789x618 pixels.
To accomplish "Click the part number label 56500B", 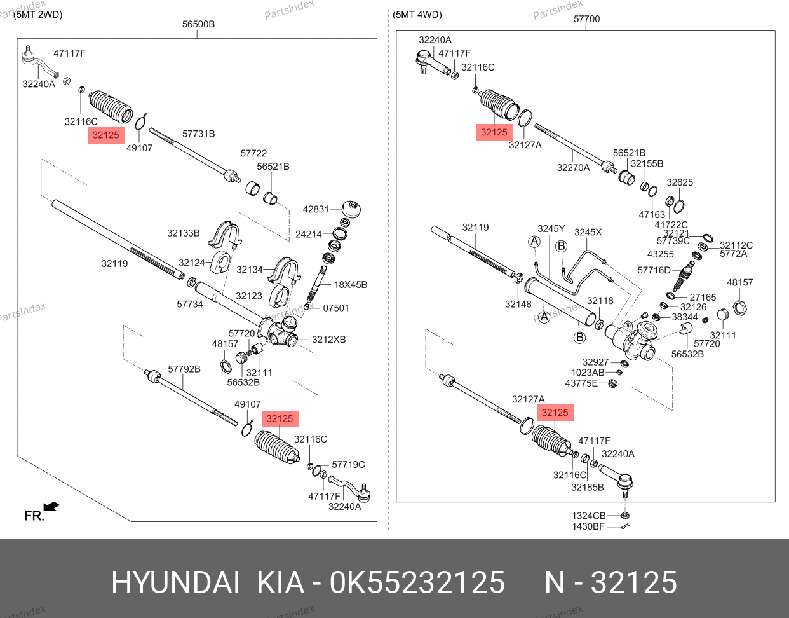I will [198, 24].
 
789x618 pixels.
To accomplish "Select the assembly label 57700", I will [586, 19].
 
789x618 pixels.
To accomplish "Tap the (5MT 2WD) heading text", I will [37, 14].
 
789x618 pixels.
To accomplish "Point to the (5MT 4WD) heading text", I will [417, 14].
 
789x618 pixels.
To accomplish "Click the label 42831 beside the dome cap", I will [316, 209].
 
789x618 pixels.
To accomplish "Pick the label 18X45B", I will [351, 284].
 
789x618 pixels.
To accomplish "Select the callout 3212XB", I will [328, 340].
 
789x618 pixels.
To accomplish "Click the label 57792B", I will [184, 369].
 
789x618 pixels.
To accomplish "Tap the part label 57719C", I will [349, 465].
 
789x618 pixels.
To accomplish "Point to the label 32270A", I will [573, 168].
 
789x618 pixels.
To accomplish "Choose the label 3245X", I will [588, 232].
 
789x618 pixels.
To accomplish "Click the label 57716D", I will [654, 270].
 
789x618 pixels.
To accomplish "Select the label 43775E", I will [581, 383].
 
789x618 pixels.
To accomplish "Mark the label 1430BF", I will [588, 526].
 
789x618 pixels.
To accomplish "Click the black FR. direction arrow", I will [51, 507].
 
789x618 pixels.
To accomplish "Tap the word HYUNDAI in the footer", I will [176, 582].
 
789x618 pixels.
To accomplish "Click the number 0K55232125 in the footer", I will [417, 582].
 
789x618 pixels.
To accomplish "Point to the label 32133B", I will [184, 233].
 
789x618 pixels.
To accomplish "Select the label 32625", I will [680, 182].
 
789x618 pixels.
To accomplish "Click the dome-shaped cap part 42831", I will [351, 208].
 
